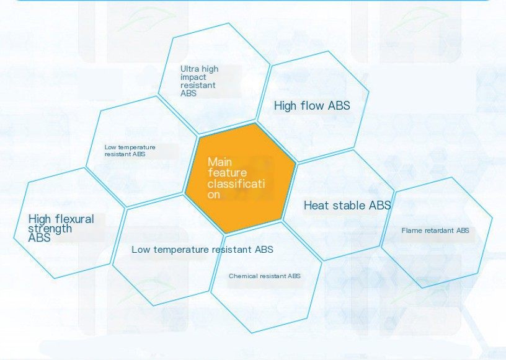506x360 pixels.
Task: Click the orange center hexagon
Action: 241,178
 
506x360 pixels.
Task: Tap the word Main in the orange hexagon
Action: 220,162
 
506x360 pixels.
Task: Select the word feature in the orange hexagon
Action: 227,173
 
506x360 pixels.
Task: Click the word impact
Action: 193,77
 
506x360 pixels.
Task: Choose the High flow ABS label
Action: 312,105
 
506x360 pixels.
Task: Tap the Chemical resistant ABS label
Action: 265,276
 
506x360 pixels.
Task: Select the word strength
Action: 50,229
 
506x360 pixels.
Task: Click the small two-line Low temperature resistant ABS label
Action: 130,151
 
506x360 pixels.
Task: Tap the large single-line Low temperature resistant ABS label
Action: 202,249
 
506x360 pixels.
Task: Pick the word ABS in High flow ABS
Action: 339,105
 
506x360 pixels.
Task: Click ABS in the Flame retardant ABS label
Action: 463,230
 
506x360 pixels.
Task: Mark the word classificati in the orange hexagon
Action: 236,184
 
